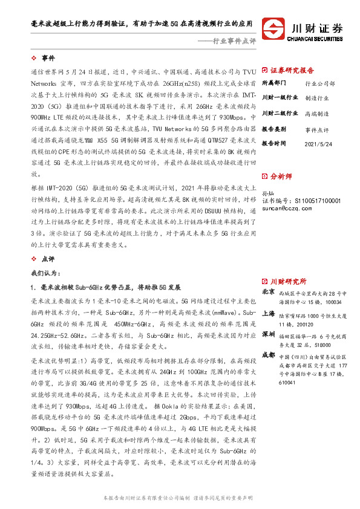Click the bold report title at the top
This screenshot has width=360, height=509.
pos(142,25)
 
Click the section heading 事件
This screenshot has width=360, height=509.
pos(48,58)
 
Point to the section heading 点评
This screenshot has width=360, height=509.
pos(48,258)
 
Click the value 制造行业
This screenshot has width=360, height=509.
pos(317,98)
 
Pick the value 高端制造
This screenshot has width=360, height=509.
pos(317,114)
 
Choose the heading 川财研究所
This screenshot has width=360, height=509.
pos(287,281)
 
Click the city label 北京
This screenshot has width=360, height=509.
pos(268,291)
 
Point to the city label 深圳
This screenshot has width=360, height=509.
pos(268,334)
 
